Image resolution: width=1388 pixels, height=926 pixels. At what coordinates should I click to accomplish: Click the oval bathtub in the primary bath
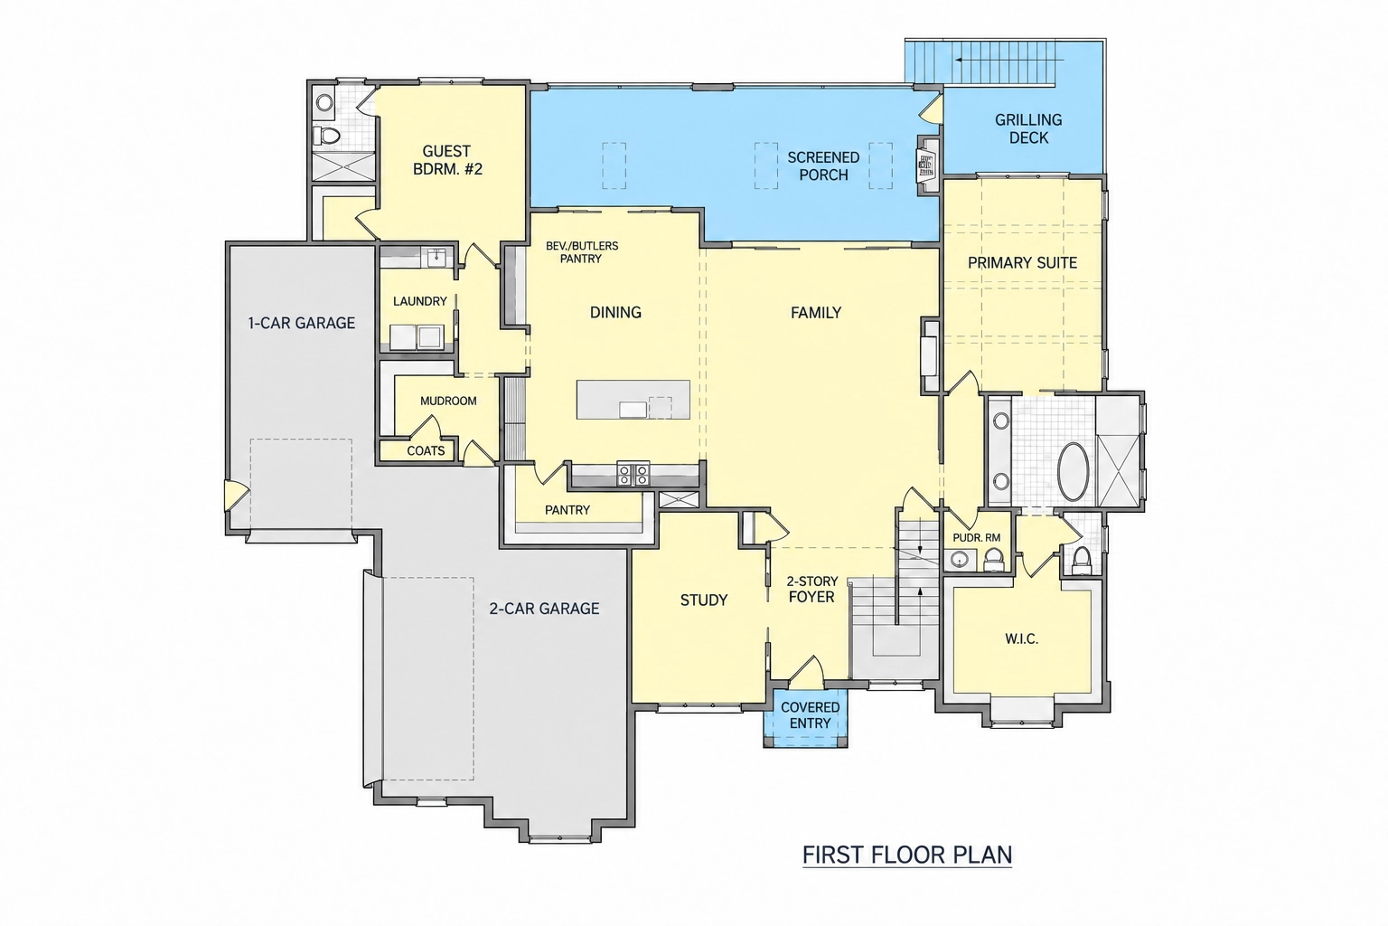pyautogui.click(x=1073, y=471)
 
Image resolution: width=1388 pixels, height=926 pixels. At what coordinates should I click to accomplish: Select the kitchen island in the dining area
pyautogui.click(x=633, y=400)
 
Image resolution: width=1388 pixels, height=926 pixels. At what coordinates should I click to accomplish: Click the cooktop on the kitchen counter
pyautogui.click(x=633, y=475)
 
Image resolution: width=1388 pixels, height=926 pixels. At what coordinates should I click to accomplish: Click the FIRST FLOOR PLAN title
pyautogui.click(x=907, y=855)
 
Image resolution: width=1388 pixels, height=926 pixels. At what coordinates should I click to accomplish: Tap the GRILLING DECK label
pyautogui.click(x=1028, y=128)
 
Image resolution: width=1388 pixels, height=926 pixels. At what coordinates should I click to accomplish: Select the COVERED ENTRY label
pyautogui.click(x=810, y=715)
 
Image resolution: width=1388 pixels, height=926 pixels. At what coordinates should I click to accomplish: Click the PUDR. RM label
pyautogui.click(x=977, y=538)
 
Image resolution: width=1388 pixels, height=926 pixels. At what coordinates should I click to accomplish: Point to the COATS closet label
pyautogui.click(x=426, y=451)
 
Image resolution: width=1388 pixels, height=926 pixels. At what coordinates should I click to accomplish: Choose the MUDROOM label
pyautogui.click(x=448, y=402)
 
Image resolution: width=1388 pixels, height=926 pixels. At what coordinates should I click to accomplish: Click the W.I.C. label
pyautogui.click(x=1022, y=638)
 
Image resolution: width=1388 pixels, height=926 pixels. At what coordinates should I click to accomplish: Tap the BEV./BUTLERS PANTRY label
pyautogui.click(x=582, y=252)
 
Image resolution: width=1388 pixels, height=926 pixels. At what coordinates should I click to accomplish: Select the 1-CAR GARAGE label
pyautogui.click(x=301, y=323)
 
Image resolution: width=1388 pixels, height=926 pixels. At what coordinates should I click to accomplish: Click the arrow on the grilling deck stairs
pyautogui.click(x=1010, y=61)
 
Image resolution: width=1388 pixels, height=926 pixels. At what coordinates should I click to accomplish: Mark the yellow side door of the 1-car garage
pyautogui.click(x=236, y=496)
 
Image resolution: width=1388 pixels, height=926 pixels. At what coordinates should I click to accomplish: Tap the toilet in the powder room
pyautogui.click(x=993, y=558)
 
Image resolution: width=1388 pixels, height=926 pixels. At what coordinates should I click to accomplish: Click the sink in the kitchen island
pyautogui.click(x=633, y=410)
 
